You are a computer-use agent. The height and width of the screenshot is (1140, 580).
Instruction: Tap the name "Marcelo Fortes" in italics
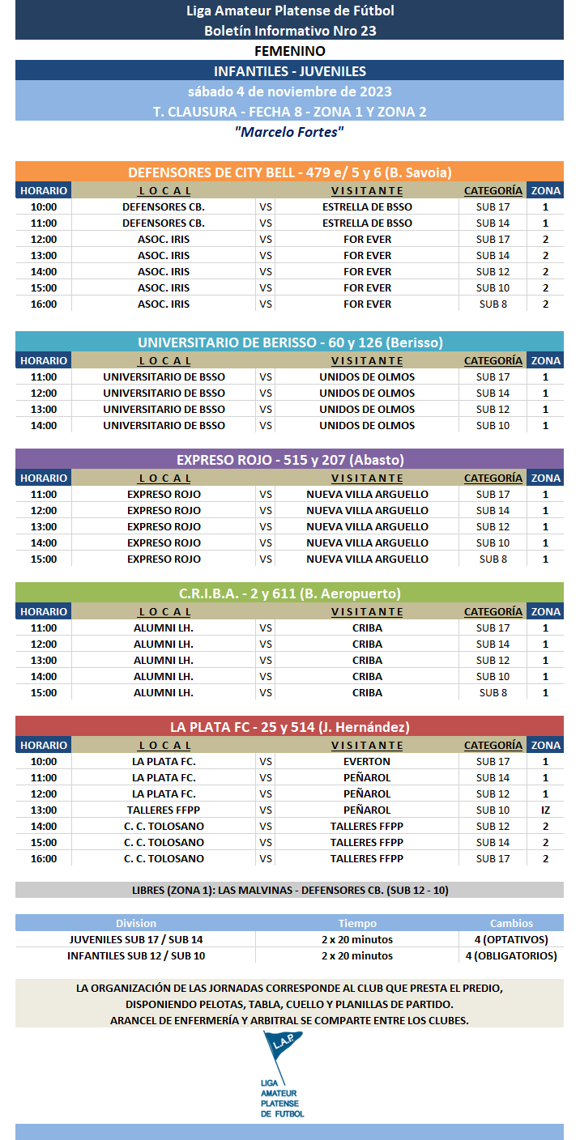(x=289, y=131)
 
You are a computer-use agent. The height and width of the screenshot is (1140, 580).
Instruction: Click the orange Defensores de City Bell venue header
(x=289, y=172)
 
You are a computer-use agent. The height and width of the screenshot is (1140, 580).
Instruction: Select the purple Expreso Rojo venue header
(x=289, y=459)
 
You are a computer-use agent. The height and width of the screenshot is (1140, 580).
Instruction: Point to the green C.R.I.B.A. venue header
(x=289, y=593)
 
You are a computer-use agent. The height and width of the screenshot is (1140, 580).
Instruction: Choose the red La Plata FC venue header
(x=289, y=726)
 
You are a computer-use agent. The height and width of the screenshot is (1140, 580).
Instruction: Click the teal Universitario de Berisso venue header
(x=289, y=342)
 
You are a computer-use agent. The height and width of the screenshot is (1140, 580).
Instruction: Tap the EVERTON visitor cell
(x=367, y=761)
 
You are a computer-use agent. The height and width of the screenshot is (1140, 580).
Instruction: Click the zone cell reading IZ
(x=545, y=810)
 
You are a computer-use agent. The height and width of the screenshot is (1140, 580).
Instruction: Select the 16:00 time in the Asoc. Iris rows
(x=43, y=304)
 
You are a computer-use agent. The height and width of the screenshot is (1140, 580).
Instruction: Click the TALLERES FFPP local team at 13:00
(x=164, y=810)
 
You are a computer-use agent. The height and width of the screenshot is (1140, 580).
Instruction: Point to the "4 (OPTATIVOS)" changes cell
(x=510, y=939)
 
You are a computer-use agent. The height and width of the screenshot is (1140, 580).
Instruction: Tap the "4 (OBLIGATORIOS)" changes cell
(x=510, y=955)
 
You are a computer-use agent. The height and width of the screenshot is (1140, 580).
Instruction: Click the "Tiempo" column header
(x=357, y=923)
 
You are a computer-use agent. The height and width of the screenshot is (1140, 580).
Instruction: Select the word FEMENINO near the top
(x=289, y=51)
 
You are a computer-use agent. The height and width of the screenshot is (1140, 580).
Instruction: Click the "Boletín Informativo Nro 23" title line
(x=289, y=31)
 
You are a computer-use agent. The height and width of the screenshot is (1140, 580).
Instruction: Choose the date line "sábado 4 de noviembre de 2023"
(x=289, y=91)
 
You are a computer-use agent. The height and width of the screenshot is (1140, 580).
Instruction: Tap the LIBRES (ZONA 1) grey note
(x=289, y=890)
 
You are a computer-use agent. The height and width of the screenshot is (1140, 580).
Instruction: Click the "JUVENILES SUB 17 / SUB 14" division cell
(x=136, y=939)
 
